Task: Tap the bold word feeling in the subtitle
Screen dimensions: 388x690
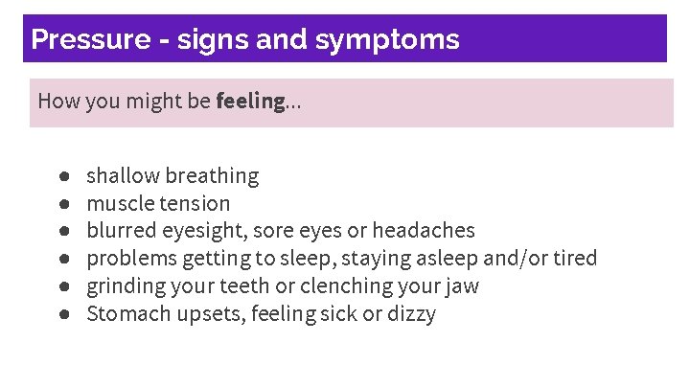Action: coord(250,101)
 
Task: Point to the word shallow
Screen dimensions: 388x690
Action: coord(123,175)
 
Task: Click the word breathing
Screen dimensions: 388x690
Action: coord(212,176)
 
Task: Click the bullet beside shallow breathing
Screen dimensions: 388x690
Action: coord(62,176)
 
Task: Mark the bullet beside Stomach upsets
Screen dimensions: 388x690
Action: coord(62,314)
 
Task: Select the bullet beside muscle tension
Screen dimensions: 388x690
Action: coord(62,203)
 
